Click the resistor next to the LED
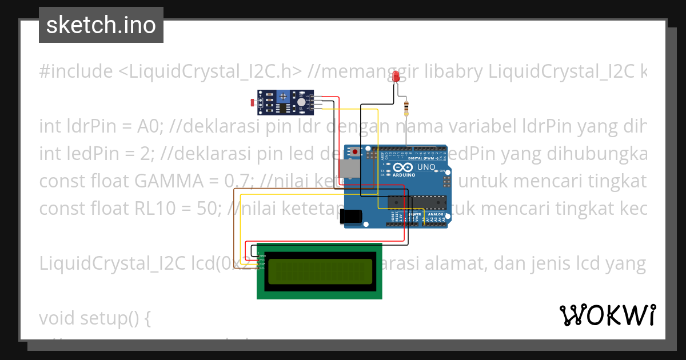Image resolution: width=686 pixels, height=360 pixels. [x=406, y=107]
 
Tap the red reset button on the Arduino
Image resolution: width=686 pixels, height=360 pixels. [x=355, y=152]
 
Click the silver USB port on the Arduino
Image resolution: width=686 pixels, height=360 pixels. [x=347, y=169]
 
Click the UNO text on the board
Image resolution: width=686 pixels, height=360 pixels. [x=426, y=167]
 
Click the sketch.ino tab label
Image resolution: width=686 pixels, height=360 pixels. [x=101, y=25]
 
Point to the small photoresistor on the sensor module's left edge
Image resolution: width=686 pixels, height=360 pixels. [x=253, y=103]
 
